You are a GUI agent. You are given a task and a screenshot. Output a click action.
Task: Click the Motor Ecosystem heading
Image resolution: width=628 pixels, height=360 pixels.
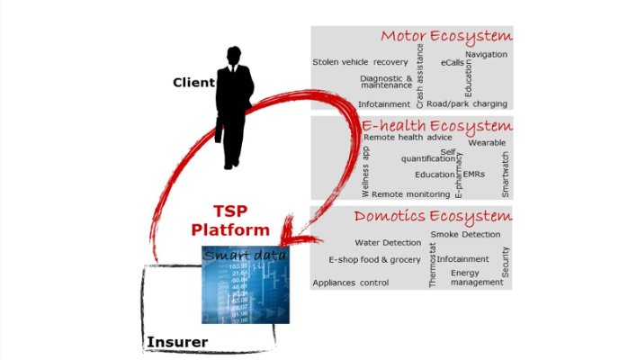[445, 37]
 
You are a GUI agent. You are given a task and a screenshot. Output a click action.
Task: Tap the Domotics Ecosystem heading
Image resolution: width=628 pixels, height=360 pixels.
[433, 216]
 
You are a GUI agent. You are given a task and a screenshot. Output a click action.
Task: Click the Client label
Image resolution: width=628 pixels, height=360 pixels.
[193, 83]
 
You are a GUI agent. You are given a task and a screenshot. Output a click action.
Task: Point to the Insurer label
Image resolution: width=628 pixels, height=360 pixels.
[176, 342]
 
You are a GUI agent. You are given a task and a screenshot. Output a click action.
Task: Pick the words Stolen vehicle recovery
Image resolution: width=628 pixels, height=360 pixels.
[360, 62]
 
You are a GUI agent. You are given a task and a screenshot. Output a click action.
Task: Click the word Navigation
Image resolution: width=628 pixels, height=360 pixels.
[486, 55]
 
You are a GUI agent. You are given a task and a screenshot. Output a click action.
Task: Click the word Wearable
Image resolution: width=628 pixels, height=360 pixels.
[487, 142]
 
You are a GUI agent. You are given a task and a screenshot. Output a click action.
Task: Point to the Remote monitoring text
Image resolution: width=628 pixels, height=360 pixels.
[410, 193]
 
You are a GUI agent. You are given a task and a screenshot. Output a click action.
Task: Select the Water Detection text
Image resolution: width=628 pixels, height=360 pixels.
[388, 242]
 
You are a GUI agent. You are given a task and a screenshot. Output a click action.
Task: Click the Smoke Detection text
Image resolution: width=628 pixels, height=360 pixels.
[465, 234]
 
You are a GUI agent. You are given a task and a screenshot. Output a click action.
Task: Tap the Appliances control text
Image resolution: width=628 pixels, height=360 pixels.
[351, 282]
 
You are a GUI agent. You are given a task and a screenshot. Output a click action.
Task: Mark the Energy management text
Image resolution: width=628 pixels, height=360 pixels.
[477, 277]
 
